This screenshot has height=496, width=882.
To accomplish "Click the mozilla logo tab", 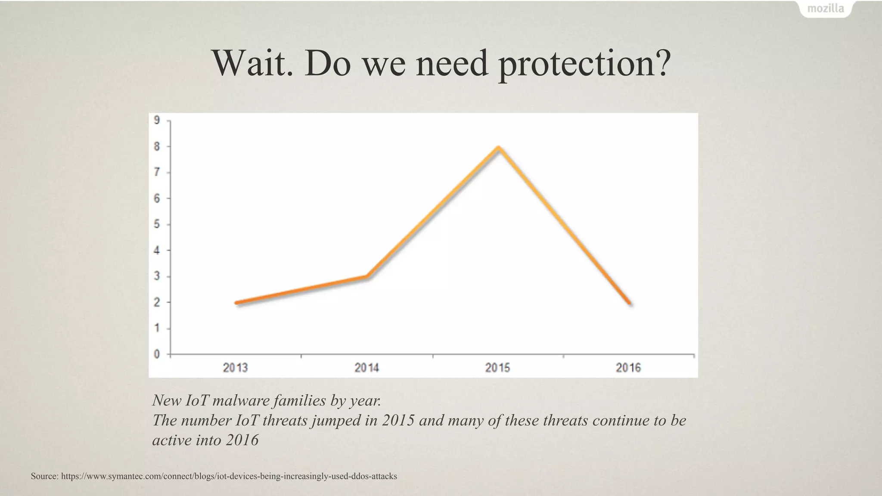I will (x=826, y=9).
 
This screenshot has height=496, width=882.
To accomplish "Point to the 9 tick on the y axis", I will (x=157, y=120).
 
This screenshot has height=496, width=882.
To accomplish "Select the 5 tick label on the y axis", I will (x=157, y=224).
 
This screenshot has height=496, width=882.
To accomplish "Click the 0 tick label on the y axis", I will (x=157, y=354).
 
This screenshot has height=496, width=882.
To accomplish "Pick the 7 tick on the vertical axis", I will (x=157, y=172).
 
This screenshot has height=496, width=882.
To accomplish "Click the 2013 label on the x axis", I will (x=235, y=368).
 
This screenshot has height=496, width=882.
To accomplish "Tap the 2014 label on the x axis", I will (x=366, y=368).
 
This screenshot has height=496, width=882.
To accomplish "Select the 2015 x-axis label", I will (x=497, y=368).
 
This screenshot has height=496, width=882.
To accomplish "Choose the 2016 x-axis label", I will (x=628, y=368).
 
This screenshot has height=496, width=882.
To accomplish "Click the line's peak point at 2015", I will (x=498, y=148).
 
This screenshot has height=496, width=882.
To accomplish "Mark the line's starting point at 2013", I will (x=236, y=303).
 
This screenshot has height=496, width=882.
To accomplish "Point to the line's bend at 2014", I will (x=367, y=276).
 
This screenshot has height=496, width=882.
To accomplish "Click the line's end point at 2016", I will (x=630, y=303).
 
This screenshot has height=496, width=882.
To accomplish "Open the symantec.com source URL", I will (x=229, y=476).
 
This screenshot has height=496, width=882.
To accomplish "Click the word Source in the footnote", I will (x=44, y=476).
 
